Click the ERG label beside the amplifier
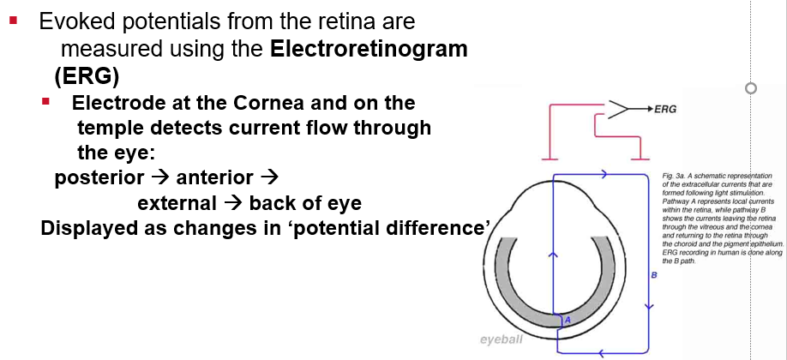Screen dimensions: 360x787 664,110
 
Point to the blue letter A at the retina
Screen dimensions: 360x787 567,320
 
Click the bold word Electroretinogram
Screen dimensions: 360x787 369,50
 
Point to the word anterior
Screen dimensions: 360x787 214,178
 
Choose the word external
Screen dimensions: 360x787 177,204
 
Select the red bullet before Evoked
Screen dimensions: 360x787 13,18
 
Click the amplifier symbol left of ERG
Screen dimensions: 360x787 618,110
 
